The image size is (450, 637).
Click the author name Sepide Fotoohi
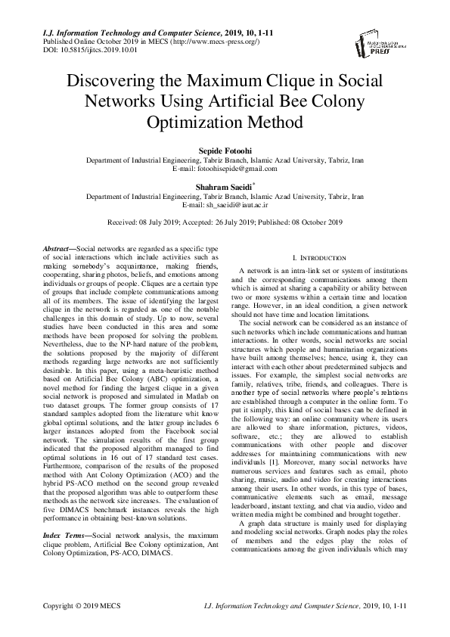click(224, 151)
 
